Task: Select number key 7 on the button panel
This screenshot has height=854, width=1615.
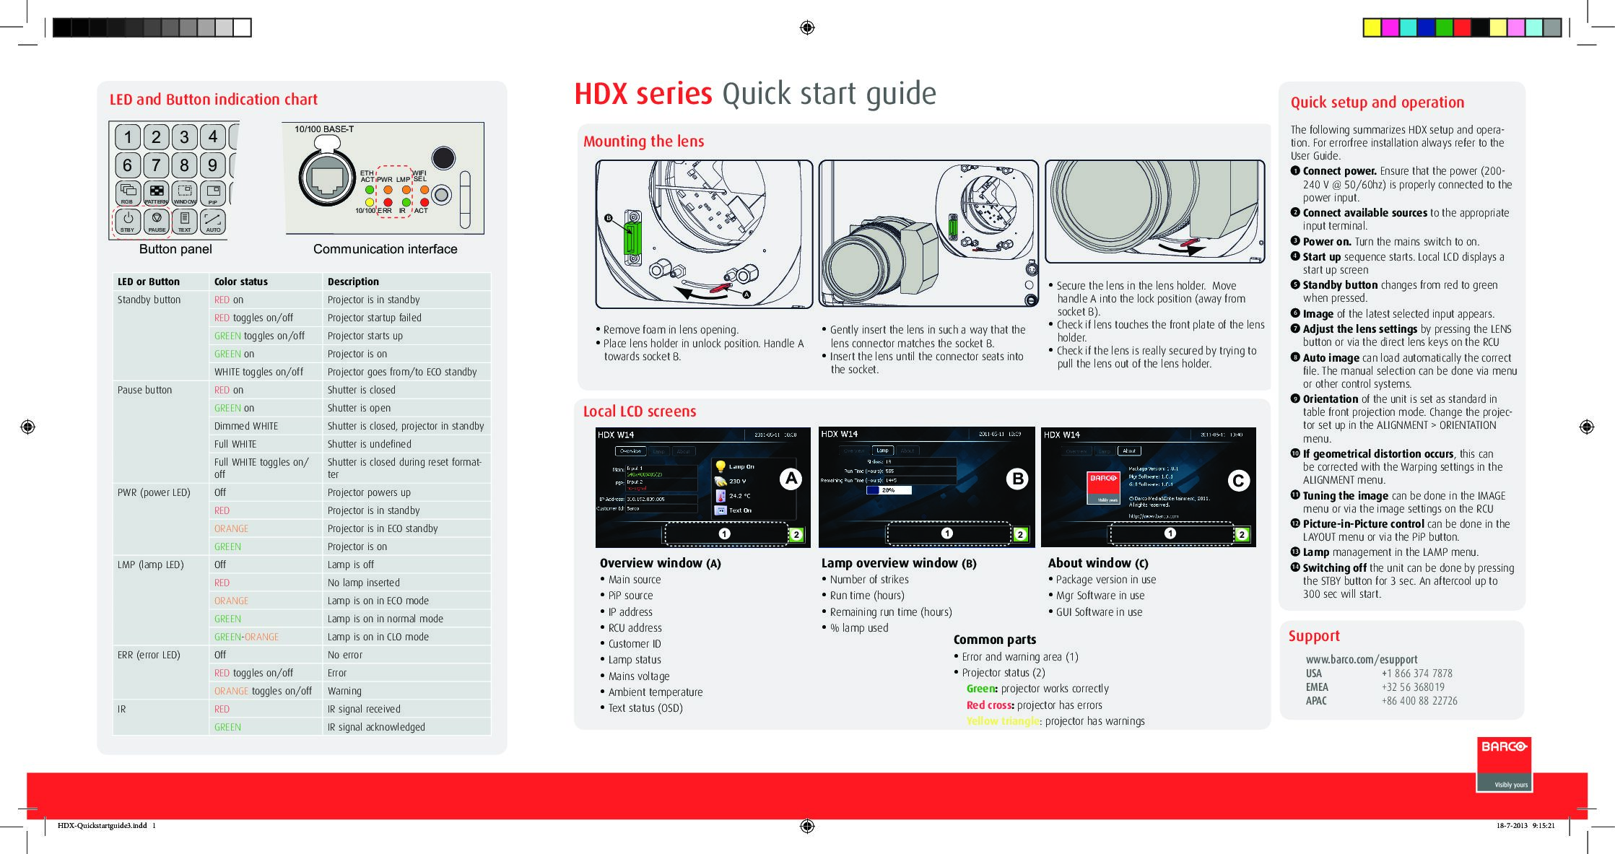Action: (x=156, y=165)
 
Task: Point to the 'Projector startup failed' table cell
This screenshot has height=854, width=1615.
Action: (x=374, y=318)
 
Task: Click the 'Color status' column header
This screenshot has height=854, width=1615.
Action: (x=240, y=282)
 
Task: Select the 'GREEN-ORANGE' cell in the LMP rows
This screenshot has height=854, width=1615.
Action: (x=246, y=637)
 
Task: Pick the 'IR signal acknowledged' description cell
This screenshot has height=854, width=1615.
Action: (x=376, y=727)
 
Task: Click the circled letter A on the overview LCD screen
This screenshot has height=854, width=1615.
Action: (x=791, y=479)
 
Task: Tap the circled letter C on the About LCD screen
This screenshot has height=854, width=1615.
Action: (x=1238, y=481)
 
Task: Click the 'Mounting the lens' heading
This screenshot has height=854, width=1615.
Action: (x=643, y=141)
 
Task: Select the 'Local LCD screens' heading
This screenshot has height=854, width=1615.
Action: (x=640, y=411)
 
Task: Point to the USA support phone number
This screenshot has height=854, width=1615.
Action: (x=1416, y=674)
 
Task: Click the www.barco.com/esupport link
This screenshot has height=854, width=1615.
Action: (x=1361, y=659)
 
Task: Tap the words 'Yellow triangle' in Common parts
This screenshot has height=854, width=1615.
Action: (x=1003, y=721)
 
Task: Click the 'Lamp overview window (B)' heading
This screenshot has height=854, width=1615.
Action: (x=898, y=563)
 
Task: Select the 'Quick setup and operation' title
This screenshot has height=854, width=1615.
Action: (x=1377, y=103)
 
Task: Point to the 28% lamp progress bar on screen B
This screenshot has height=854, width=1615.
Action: (x=888, y=490)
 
